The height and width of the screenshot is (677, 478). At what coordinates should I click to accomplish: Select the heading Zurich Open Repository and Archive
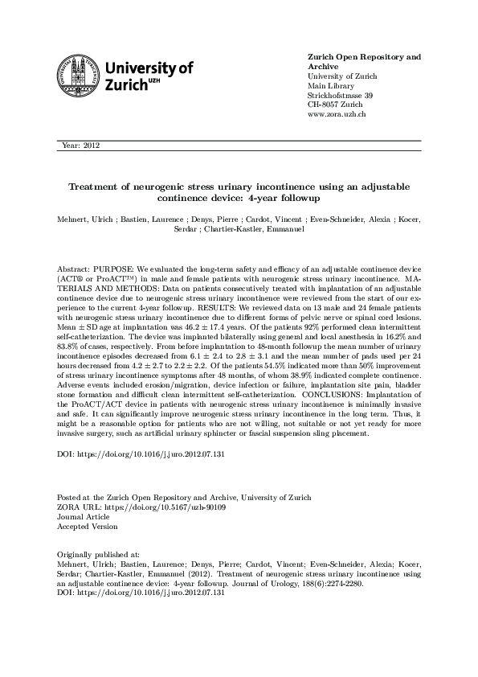click(365, 62)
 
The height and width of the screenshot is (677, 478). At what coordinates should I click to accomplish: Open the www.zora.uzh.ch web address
click(337, 114)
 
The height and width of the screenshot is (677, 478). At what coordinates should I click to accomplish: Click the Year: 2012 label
click(80, 146)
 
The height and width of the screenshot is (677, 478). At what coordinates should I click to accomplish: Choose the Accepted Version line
click(87, 527)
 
